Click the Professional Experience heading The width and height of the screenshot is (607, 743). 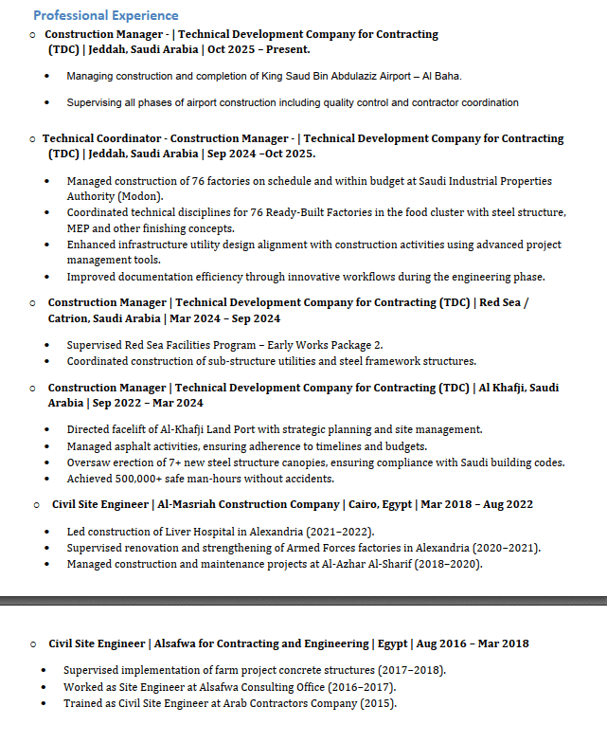(x=105, y=15)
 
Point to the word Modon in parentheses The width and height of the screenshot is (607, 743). (x=141, y=196)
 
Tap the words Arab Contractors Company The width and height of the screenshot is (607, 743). (x=273, y=703)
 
